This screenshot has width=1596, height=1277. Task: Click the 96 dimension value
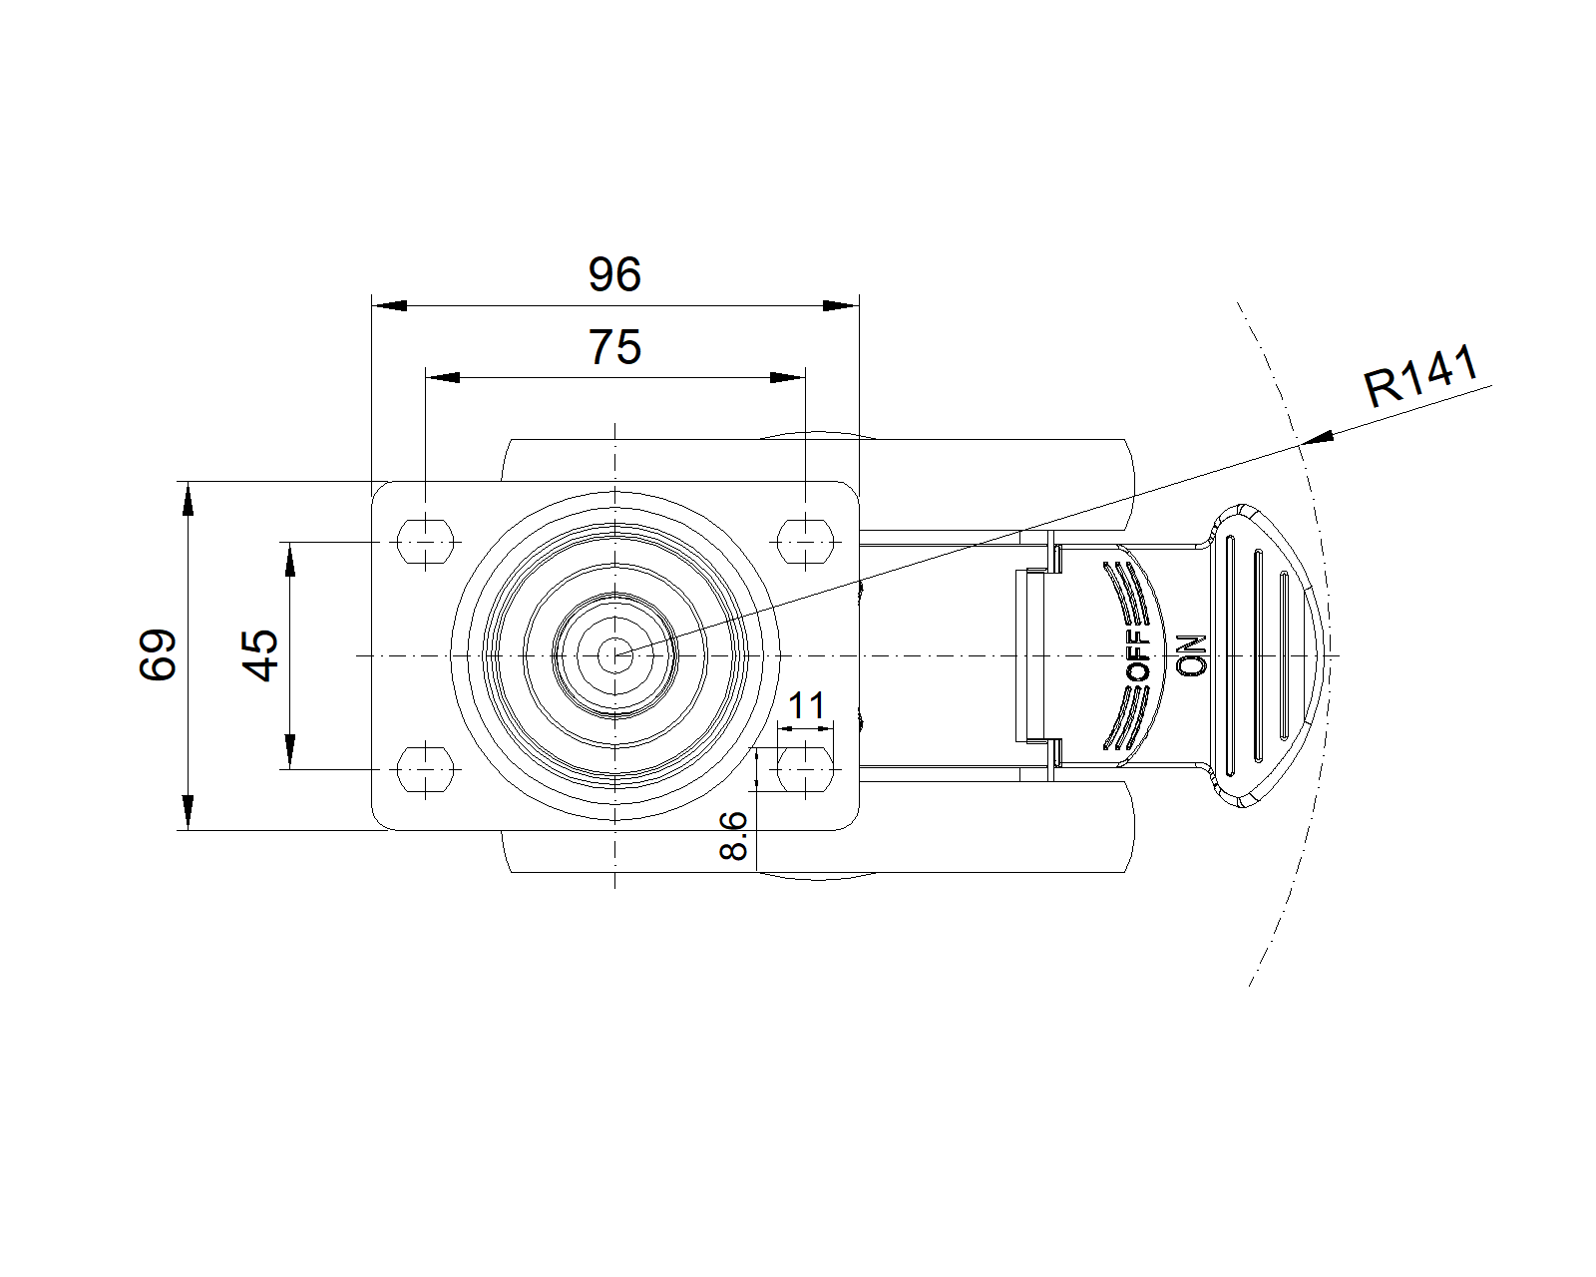614,274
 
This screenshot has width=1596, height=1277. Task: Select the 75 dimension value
614,347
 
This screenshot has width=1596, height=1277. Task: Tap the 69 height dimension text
158,654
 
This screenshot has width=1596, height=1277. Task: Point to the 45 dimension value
260,654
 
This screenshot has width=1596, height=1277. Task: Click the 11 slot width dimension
806,705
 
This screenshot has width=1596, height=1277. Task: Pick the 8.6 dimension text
733,835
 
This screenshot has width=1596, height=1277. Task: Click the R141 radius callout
1421,376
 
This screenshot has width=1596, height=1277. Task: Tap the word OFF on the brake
1138,655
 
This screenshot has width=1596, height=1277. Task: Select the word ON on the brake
1192,655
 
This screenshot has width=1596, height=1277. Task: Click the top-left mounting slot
425,543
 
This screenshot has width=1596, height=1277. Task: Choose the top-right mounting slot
805,543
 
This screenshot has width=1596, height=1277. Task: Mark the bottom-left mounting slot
425,769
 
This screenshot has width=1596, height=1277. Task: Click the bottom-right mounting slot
805,769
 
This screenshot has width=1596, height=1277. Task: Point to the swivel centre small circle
614,655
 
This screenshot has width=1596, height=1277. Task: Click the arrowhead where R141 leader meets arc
1317,439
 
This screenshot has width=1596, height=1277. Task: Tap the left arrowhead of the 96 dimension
389,305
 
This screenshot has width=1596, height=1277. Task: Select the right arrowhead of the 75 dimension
788,378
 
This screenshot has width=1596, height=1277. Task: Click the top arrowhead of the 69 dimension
189,499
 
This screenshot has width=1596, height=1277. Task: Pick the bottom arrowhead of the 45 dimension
290,751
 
